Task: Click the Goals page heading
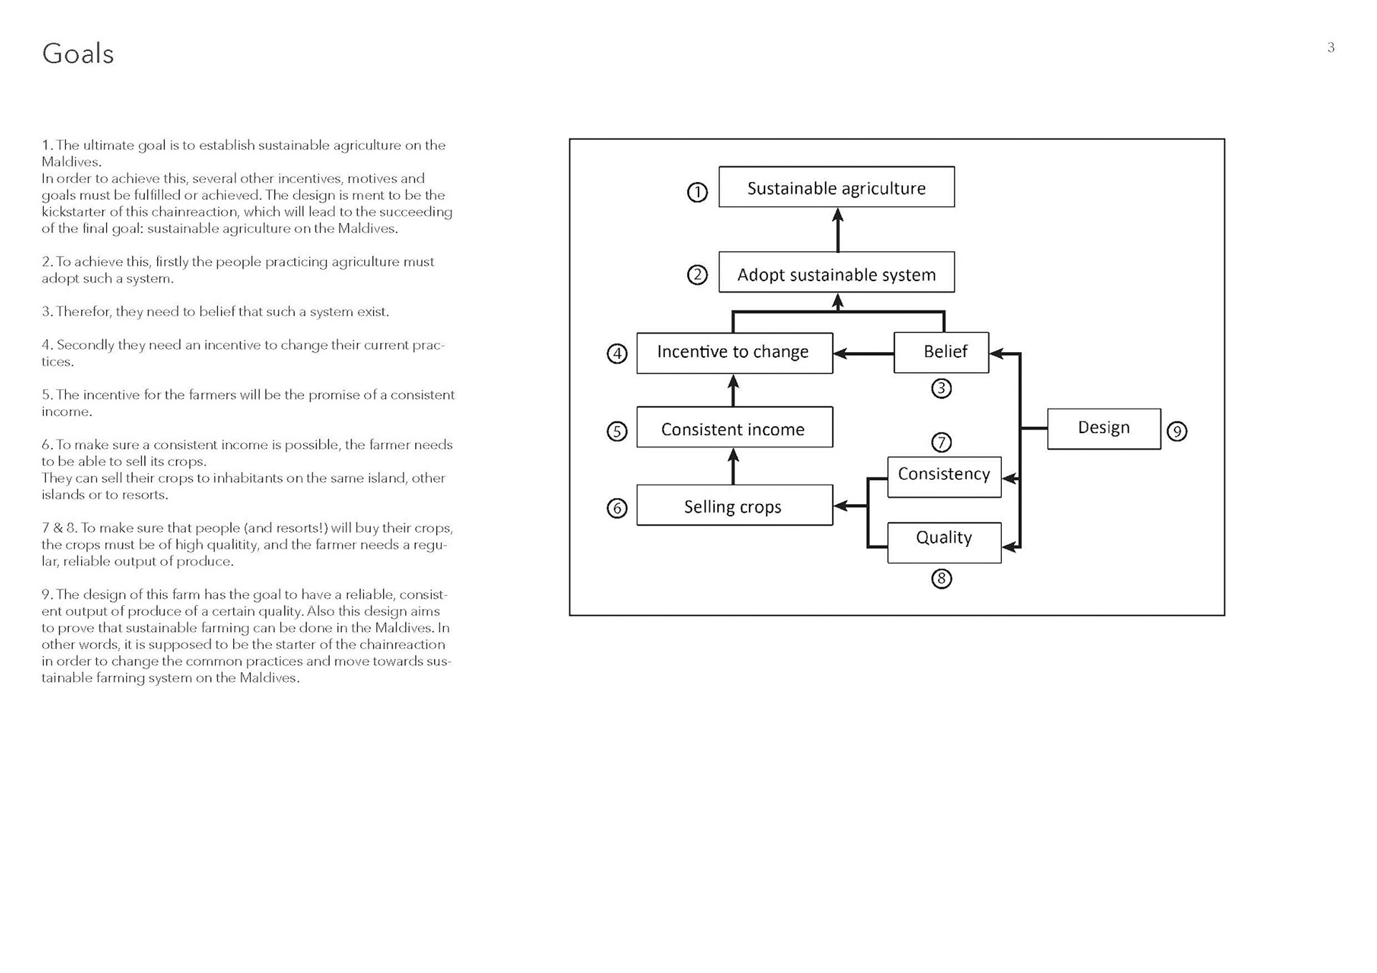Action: coord(77,54)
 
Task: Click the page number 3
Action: coord(1330,48)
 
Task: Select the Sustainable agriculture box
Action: coord(836,187)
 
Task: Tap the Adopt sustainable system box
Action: coord(836,272)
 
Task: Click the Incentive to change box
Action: coord(734,353)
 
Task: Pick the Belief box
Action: coord(941,352)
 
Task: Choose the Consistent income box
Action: coord(734,427)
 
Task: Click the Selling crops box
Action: coord(734,506)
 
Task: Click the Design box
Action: coord(1104,429)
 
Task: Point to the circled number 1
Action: coord(697,192)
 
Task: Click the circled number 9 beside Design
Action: coord(1177,432)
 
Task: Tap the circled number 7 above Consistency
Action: coord(941,442)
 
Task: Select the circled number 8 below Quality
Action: coord(941,579)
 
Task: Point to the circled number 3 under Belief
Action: coord(941,389)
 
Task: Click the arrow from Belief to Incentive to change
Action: coord(863,353)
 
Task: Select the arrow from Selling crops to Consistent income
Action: coord(733,466)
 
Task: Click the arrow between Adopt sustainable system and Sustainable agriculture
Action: coord(838,229)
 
